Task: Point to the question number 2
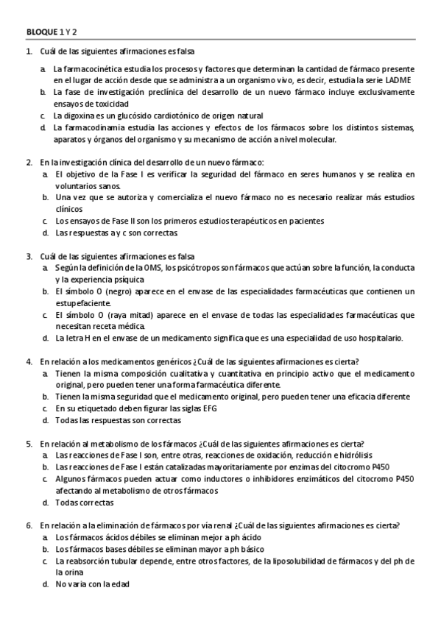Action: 29,162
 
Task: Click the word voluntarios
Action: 76,185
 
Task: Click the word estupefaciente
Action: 83,303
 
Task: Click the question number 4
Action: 29,361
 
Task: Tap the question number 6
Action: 29,525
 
